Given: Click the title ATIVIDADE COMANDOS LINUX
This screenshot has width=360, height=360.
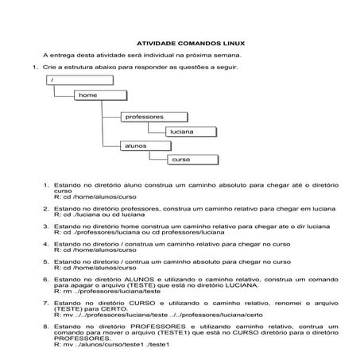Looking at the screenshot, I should click(x=180, y=44).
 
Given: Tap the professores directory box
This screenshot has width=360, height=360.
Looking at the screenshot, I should click(x=145, y=117).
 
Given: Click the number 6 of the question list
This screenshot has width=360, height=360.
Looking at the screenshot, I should click(x=45, y=280).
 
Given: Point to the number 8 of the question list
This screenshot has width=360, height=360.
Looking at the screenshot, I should click(x=45, y=325).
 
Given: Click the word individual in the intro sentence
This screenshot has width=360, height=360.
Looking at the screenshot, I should click(x=167, y=56).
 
